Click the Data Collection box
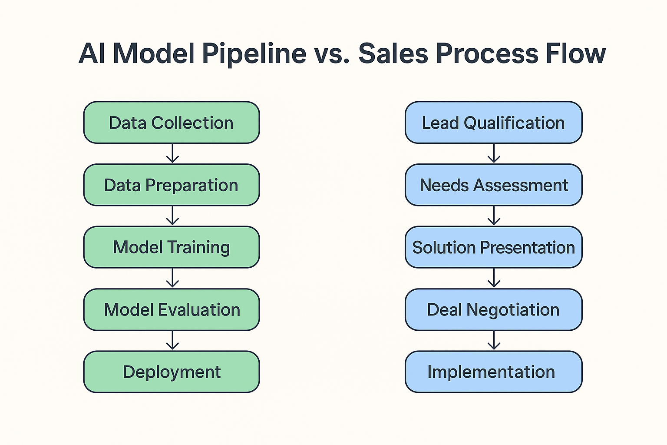tap(172, 123)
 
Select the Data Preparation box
tap(172, 185)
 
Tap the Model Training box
tap(172, 247)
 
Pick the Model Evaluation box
tap(172, 309)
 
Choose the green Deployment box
tap(172, 372)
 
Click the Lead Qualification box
tap(494, 123)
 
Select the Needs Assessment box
tap(494, 185)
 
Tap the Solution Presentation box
tap(494, 247)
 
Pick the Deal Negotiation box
tap(494, 309)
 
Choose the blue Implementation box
tap(494, 372)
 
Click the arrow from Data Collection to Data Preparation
tap(172, 153)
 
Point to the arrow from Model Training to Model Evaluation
tap(172, 278)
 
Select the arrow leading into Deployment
tap(172, 340)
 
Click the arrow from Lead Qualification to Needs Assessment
tap(494, 153)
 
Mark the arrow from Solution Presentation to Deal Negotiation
tap(494, 278)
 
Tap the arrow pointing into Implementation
tap(494, 340)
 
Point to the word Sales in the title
tap(393, 53)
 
